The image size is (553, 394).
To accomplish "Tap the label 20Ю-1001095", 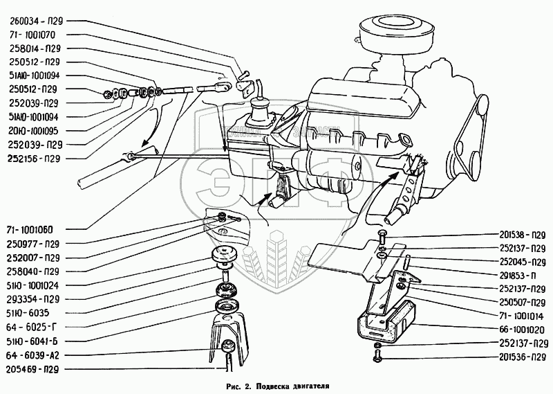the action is click(33, 129).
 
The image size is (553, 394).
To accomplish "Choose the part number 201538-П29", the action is click(523, 234).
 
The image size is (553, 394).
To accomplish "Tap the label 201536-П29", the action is click(523, 357).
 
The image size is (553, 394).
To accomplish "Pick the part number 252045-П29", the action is click(523, 262).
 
